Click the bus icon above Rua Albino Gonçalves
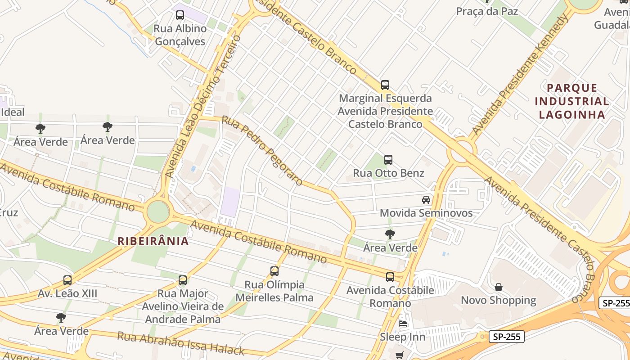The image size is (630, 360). [x=180, y=15]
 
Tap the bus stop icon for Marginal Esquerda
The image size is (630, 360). [x=385, y=85]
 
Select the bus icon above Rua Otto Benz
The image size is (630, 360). [x=388, y=159]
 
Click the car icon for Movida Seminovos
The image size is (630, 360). [x=426, y=199]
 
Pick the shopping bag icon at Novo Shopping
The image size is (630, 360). [x=499, y=287]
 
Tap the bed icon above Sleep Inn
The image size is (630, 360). [x=403, y=323]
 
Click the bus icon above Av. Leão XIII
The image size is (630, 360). [x=67, y=280]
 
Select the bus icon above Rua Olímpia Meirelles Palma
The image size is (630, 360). [x=274, y=271]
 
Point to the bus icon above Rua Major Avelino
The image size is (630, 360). [x=183, y=280]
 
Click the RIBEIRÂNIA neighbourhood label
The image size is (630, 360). [x=153, y=241]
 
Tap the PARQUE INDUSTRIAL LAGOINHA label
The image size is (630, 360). [x=572, y=101]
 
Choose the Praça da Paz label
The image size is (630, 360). [x=487, y=11]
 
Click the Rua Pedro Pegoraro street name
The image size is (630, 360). [x=262, y=151]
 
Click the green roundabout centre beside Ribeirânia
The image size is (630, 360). [x=158, y=211]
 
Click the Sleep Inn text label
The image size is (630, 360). [x=402, y=337]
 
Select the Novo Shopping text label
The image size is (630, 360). [x=499, y=300]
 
